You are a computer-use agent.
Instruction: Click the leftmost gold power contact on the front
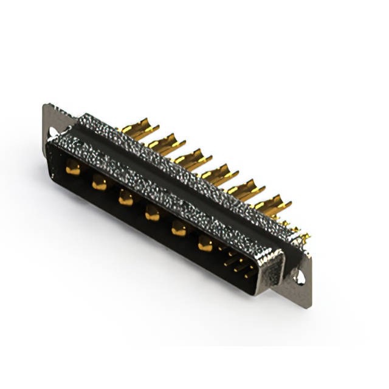click(x=73, y=170)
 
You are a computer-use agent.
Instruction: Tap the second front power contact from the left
click(x=99, y=182)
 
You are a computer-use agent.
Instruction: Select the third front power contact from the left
click(x=126, y=197)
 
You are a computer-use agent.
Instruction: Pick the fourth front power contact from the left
click(x=152, y=213)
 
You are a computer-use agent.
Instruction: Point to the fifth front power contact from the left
click(x=179, y=229)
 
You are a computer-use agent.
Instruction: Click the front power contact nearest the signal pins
click(x=205, y=244)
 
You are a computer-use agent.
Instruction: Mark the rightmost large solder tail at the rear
click(x=273, y=205)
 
